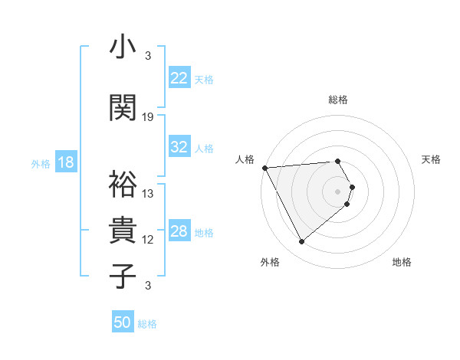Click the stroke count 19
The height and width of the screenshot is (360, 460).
[148, 117]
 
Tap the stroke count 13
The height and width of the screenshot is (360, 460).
[148, 194]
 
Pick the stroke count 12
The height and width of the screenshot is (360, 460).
[148, 240]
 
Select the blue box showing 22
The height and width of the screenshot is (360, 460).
[179, 78]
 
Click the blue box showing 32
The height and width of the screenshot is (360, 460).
[179, 147]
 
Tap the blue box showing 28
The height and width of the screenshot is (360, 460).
[179, 232]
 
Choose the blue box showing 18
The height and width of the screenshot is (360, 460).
[65, 162]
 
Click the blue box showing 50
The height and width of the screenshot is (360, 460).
[123, 323]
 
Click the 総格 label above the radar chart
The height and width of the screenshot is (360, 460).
[338, 100]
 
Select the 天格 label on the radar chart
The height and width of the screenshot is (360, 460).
[431, 159]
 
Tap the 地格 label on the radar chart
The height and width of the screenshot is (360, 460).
[402, 262]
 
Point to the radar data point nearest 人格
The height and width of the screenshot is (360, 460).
[264, 167]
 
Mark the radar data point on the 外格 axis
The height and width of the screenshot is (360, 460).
[301, 242]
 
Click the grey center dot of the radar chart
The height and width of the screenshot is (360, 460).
[338, 191]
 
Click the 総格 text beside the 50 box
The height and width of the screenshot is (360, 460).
[147, 324]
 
